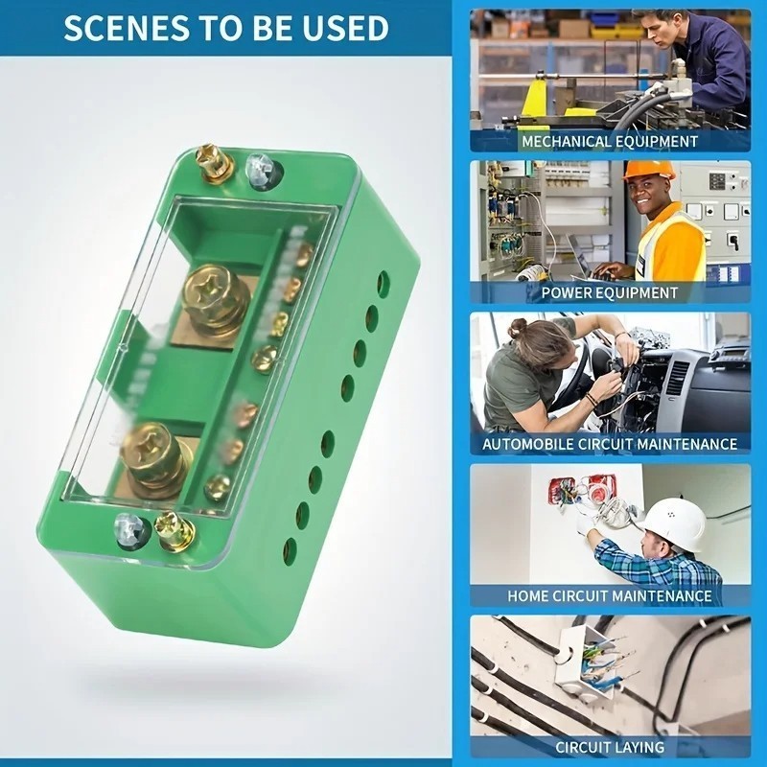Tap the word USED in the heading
click(x=344, y=28)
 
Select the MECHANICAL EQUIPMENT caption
click(x=610, y=141)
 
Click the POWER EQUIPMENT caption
click(x=610, y=292)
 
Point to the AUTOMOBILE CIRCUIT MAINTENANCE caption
click(x=610, y=444)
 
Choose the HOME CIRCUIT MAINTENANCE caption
click(x=610, y=595)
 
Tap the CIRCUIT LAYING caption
click(x=610, y=747)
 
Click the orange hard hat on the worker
click(x=649, y=171)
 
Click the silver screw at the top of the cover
click(x=261, y=170)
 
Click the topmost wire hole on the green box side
click(x=383, y=284)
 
